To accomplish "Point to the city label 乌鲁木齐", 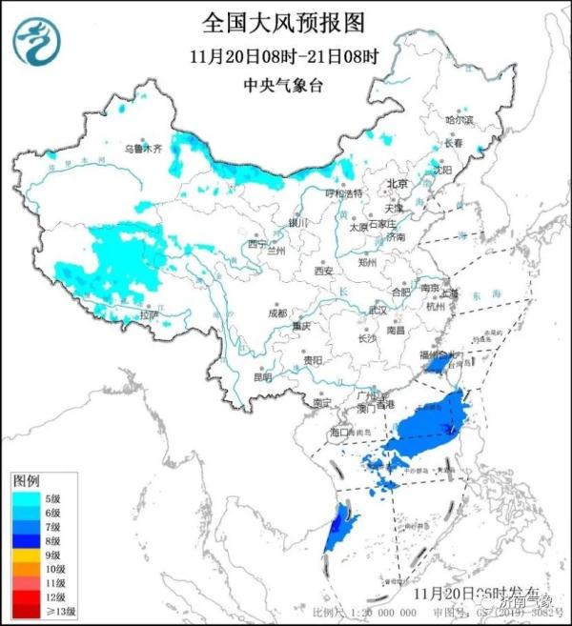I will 143,150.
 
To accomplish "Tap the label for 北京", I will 397,184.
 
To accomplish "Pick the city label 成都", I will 276,312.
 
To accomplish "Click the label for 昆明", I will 262,376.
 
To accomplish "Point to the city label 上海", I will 449,293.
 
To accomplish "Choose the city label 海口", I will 340,432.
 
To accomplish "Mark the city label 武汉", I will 378,310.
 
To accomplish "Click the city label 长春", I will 455,143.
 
